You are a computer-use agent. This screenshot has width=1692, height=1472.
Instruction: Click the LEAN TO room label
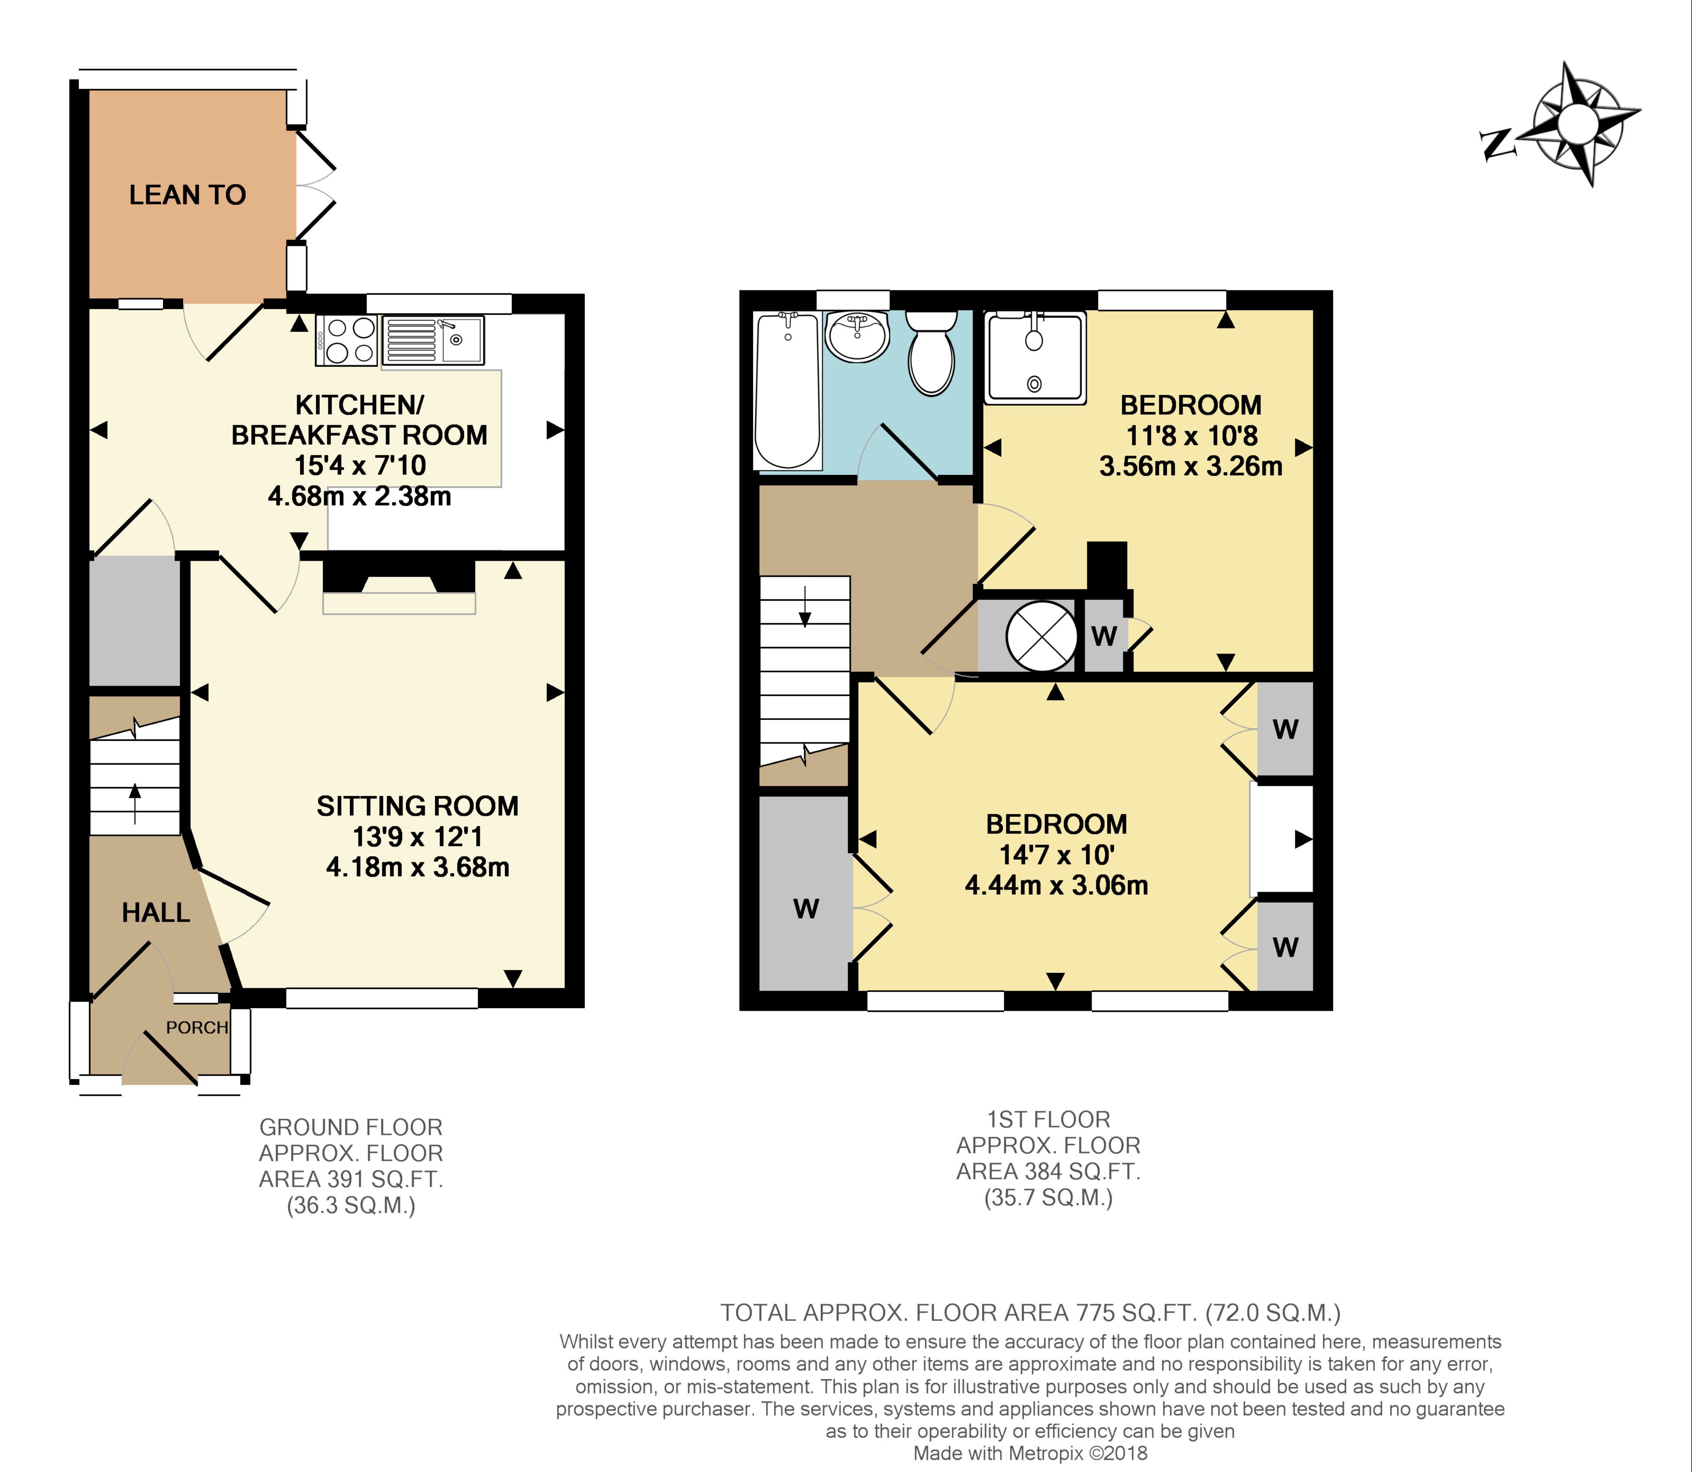[187, 195]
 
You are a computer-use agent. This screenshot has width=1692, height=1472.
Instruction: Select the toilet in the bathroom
[931, 353]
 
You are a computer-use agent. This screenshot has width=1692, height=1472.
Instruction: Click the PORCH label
[196, 1028]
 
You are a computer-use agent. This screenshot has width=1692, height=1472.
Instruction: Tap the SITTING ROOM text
[417, 806]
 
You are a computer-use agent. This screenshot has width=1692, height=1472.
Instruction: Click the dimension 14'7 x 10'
[1056, 855]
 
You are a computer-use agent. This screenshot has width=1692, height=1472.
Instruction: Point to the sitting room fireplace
[399, 587]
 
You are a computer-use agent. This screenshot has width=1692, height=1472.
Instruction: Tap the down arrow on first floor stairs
[804, 608]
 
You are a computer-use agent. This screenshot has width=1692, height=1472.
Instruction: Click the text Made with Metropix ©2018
[1030, 1453]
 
